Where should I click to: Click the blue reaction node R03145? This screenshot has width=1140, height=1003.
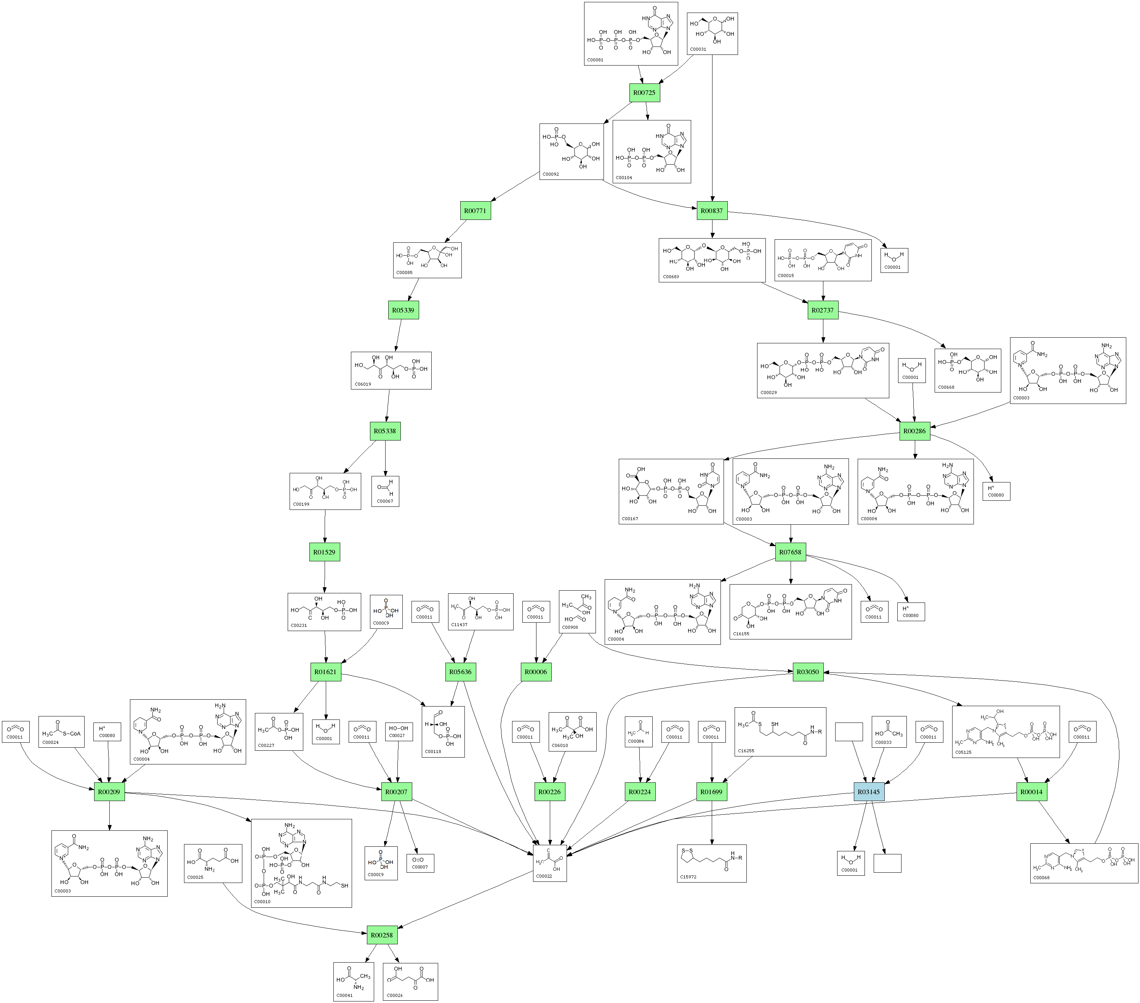(x=868, y=792)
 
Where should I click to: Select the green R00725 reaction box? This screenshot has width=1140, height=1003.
(x=644, y=93)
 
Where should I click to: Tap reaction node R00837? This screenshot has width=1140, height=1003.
(x=712, y=211)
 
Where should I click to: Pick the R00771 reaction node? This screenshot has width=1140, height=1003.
(x=475, y=211)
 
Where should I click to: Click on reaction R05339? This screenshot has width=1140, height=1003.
(x=403, y=310)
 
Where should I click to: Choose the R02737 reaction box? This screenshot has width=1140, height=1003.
(x=823, y=310)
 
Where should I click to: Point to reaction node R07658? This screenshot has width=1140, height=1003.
(x=790, y=552)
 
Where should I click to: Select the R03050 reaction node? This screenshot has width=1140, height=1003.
(x=808, y=671)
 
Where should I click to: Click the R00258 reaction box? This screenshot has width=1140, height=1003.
(x=382, y=935)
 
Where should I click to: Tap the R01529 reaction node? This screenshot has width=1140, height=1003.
(x=325, y=552)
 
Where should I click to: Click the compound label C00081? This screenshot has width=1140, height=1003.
(x=595, y=60)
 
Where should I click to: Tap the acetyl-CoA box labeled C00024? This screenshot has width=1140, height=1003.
(x=61, y=731)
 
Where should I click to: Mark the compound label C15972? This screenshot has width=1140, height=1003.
(x=688, y=877)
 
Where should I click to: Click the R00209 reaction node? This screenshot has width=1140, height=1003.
(x=109, y=792)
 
